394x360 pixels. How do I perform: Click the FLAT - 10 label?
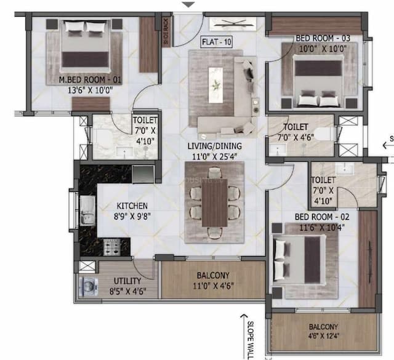point(216,42)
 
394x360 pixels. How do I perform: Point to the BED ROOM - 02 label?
point(322,217)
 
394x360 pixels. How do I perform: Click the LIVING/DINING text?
point(214,146)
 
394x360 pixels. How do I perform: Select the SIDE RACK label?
point(165,30)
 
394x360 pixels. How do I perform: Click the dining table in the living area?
point(214,203)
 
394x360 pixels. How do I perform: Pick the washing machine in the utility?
point(87,287)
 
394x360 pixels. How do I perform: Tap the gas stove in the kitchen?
point(112,247)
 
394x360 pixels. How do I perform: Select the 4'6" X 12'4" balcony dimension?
point(323,335)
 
